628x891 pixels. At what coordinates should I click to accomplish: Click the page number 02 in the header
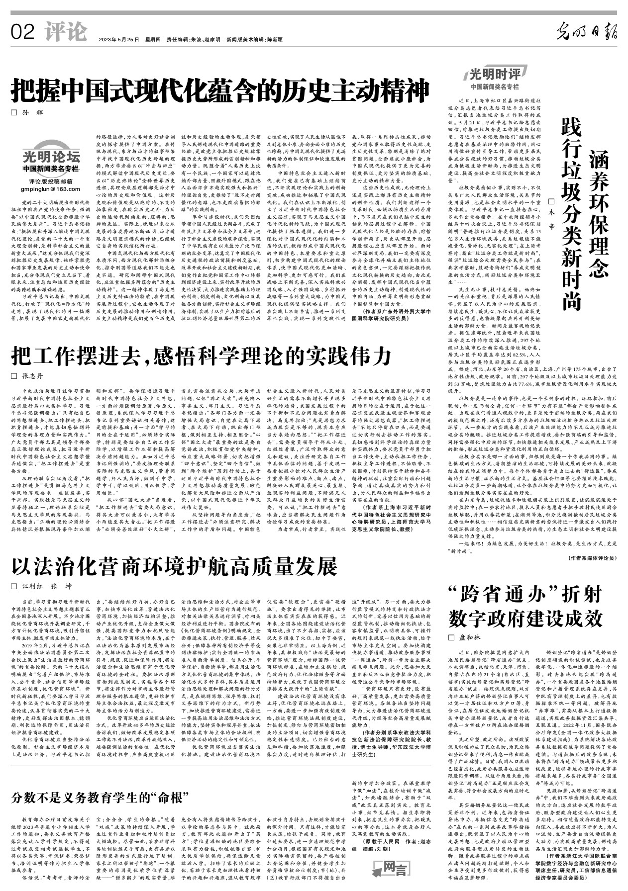coord(23,33)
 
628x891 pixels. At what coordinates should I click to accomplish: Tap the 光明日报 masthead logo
coord(587,32)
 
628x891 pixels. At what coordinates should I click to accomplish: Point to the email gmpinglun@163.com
coord(51,189)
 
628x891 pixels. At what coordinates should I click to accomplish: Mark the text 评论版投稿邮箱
coord(51,181)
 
